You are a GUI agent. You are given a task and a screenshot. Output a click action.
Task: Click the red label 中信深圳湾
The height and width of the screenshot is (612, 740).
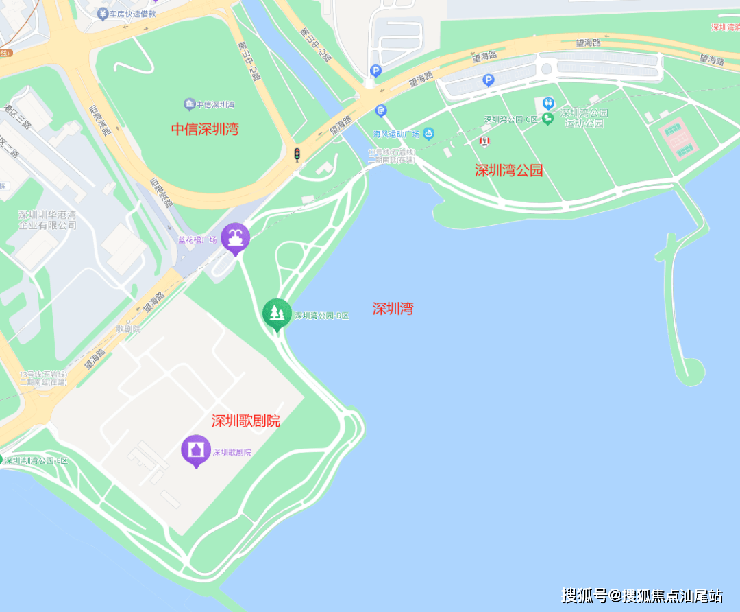pos(205,129)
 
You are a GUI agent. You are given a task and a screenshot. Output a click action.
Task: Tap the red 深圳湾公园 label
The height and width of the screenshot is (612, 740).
pos(508,170)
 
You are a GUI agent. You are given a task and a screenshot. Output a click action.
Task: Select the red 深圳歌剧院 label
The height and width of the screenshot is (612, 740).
pos(245,421)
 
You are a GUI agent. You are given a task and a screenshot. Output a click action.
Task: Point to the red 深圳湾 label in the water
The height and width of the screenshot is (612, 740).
pos(393,309)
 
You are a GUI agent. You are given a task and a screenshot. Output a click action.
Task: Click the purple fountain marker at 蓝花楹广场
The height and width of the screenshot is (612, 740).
pos(235,237)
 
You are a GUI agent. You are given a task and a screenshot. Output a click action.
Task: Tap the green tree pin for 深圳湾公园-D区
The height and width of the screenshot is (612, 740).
pos(277,314)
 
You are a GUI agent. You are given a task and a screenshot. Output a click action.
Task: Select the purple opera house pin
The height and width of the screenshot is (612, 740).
pos(196,450)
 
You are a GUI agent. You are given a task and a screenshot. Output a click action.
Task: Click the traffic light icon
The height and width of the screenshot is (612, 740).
pos(297,154)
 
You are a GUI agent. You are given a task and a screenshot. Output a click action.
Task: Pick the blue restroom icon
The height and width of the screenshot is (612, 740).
pos(548,103)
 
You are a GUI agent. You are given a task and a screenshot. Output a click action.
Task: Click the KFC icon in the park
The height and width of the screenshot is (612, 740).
pos(485,141)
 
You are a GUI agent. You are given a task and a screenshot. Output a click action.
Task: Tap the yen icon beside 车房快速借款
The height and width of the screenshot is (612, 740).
pos(102,13)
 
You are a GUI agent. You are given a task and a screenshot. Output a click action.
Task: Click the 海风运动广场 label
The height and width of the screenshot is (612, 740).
pos(397,133)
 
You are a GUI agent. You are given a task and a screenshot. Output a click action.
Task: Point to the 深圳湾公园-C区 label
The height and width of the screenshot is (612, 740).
pos(510,119)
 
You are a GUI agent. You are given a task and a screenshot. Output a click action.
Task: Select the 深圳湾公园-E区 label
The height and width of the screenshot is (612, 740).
pos(36,460)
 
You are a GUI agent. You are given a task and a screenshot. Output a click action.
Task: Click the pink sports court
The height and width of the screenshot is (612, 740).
pos(678,137)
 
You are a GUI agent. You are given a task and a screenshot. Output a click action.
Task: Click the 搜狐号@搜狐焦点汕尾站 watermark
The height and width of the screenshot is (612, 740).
pos(642,595)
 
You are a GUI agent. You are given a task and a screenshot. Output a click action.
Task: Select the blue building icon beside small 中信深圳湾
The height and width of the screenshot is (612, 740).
pos(189,104)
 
